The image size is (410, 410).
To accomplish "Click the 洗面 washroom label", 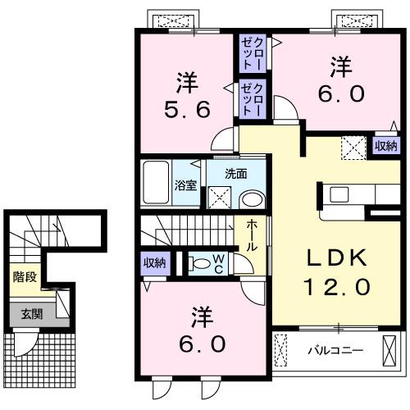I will tap(236, 174).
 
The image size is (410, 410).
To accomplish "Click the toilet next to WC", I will tap(198, 264).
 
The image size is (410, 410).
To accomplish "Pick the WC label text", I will tap(221, 264).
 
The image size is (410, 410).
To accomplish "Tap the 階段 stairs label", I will tap(25, 276).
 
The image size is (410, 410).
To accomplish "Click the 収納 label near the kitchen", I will tap(385, 145).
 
